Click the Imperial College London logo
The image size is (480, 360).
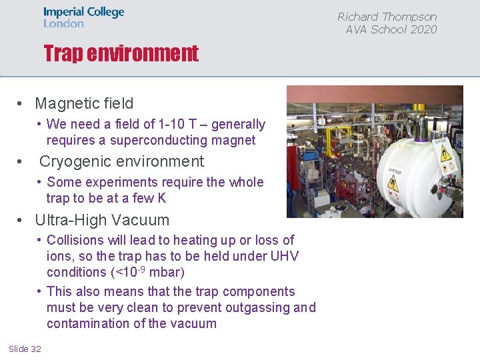click(x=83, y=17)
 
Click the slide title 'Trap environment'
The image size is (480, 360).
click(x=121, y=53)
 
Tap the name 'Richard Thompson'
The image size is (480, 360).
click(x=387, y=17)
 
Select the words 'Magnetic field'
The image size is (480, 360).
click(x=84, y=103)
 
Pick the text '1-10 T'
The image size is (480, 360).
click(x=181, y=124)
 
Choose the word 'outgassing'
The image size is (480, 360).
click(x=257, y=307)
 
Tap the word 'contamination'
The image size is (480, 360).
click(x=90, y=323)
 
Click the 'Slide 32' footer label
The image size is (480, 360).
click(x=25, y=349)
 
